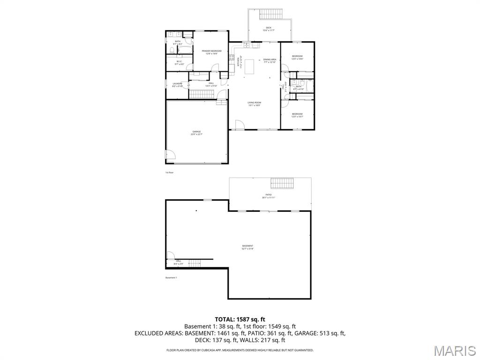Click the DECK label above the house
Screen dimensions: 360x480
269,28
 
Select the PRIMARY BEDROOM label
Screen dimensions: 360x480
211,52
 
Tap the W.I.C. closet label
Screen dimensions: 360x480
179,62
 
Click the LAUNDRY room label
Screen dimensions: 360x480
177,84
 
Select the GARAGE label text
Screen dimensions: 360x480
196,133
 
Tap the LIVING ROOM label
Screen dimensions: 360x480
255,104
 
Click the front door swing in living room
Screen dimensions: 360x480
239,124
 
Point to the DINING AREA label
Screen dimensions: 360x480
270,60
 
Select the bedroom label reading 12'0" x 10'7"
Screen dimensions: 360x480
297,115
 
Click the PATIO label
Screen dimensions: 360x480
269,195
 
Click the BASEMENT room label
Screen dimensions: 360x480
247,247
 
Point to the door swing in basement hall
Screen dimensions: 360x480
171,256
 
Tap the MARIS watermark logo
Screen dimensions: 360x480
454,351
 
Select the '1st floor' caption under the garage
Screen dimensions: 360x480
169,172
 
